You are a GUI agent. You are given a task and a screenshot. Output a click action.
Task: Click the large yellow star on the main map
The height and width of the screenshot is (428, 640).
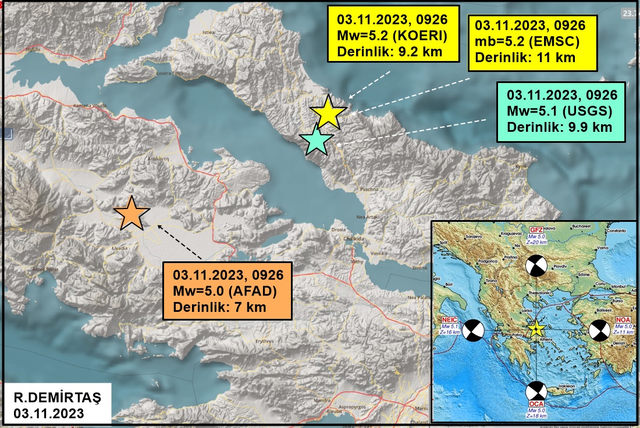(x=328, y=112)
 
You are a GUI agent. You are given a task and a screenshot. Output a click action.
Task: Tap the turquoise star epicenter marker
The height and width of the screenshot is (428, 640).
(x=317, y=140)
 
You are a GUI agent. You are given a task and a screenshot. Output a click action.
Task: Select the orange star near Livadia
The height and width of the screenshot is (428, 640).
(x=131, y=214)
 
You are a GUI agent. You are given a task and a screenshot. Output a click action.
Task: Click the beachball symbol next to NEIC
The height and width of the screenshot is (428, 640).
(x=472, y=330)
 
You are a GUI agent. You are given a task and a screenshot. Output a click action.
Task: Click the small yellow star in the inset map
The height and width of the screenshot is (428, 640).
(x=536, y=329)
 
